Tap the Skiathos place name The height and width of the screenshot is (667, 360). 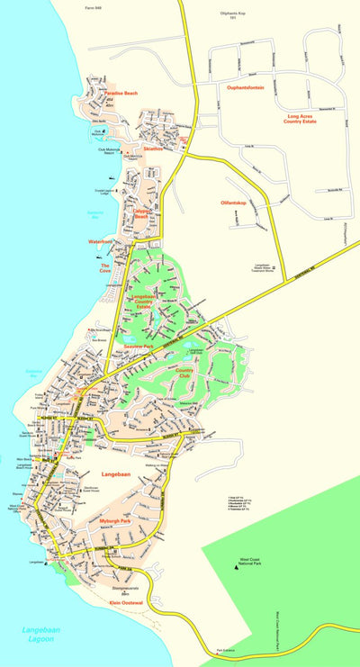tap(152, 149)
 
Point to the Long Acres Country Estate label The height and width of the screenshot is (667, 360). tap(305, 118)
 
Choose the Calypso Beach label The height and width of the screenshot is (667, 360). tap(140, 215)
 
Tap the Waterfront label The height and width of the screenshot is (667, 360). tap(100, 242)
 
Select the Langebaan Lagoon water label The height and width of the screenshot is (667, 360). tap(41, 634)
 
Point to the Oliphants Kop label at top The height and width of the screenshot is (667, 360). tap(232, 16)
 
